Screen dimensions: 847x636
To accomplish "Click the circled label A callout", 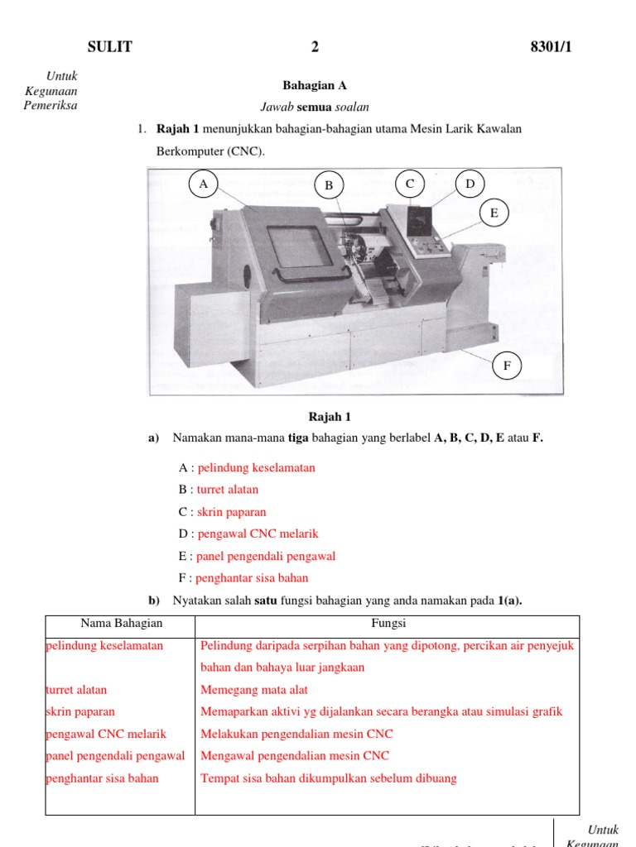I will pos(203,184).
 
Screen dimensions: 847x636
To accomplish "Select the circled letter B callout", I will pos(329,186).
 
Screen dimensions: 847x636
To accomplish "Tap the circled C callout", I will pos(409,184).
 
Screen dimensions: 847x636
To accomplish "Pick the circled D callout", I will pos(470,184).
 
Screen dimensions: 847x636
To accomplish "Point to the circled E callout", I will pos(494,213).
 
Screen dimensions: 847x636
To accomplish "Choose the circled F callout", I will pos(507,365).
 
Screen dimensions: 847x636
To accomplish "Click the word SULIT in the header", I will pos(109,47).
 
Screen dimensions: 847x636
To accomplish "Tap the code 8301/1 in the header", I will pos(551,47).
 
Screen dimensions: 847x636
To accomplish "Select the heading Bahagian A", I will pos(315,85).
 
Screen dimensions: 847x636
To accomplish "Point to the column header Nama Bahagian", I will pos(122,624).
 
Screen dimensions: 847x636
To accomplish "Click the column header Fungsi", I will pos(388,624).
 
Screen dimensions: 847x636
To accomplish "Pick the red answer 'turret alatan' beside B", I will pos(228,490).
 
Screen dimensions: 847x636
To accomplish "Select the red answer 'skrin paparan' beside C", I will pos(232,512).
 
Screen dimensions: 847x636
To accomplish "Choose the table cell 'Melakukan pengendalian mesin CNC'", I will pos(296,734).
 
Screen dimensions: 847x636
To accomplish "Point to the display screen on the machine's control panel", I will pos(421,219).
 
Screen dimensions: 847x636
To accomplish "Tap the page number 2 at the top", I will pos(315,47).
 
